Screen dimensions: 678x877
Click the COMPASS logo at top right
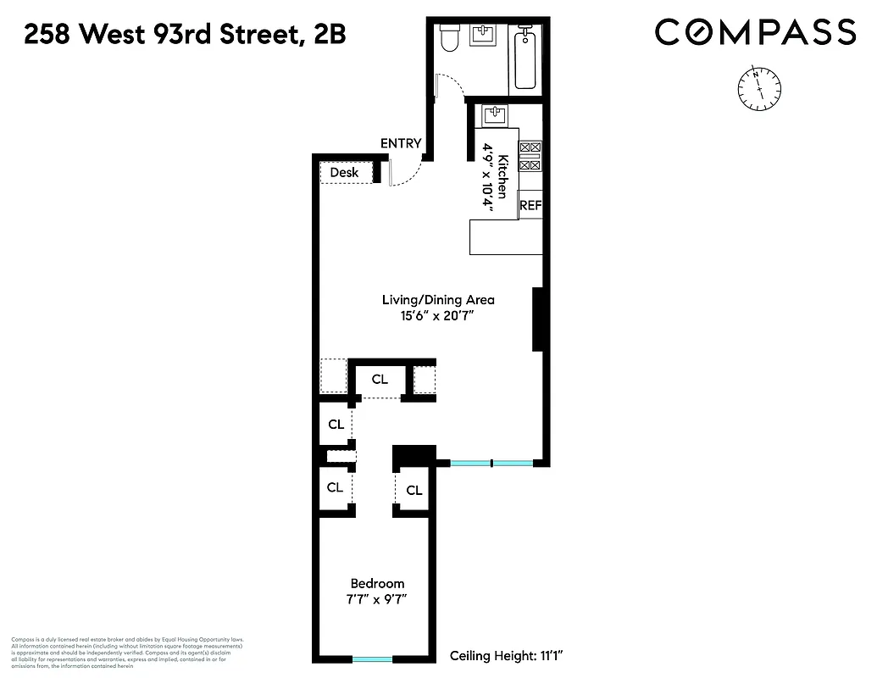coord(755,33)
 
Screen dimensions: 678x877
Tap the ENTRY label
coord(400,143)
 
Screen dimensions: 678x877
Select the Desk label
coord(344,172)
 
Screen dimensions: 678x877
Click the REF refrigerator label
coord(530,205)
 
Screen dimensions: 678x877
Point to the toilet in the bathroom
coord(450,37)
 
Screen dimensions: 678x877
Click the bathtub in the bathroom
coord(525,59)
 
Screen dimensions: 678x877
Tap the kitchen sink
coord(493,114)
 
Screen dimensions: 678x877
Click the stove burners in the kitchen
coord(529,155)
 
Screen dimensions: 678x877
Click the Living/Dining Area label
coord(438,300)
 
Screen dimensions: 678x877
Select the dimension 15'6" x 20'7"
coord(438,315)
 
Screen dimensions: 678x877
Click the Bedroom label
coord(377,583)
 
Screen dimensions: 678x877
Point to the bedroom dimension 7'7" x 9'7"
coord(377,598)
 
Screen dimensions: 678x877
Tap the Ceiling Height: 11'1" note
coord(507,655)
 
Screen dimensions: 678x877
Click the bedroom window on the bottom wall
coord(372,659)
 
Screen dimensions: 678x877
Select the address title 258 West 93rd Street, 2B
coord(185,35)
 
